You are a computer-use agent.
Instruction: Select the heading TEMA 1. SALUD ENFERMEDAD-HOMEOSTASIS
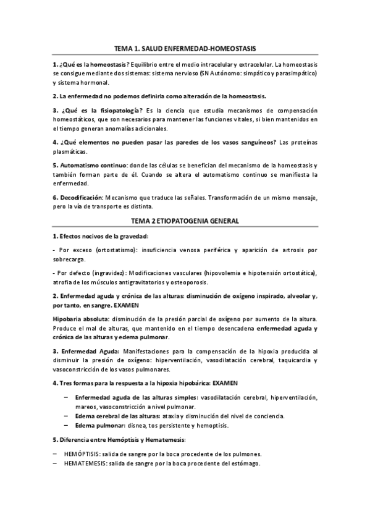point(185,48)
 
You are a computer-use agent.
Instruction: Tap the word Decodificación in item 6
point(85,196)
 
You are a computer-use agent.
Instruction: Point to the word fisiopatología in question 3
point(112,111)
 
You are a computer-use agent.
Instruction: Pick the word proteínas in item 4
point(302,142)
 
